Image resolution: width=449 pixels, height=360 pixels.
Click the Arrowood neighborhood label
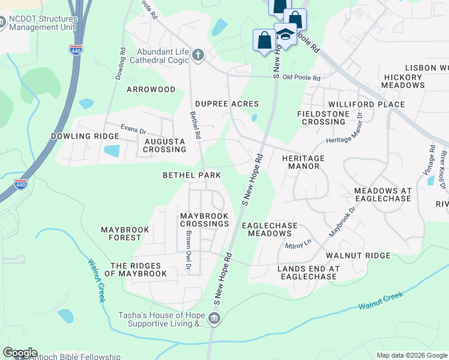(151, 89)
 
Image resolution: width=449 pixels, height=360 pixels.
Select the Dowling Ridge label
(85, 136)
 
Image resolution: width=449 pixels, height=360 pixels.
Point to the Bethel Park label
(192, 175)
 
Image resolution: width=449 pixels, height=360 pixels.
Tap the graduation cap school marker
(286, 35)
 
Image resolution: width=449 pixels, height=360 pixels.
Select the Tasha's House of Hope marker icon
(214, 319)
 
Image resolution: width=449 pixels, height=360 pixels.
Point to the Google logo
(20, 353)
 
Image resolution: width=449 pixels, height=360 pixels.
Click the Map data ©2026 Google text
(411, 355)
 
